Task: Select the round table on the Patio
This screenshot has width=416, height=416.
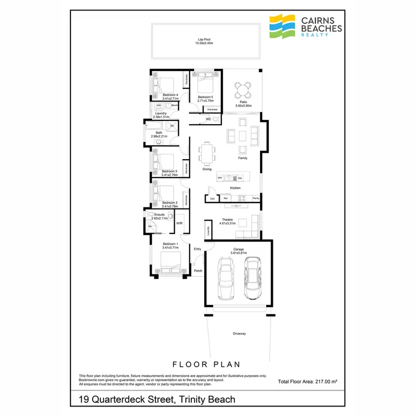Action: (242, 89)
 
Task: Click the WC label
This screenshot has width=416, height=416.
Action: (209, 119)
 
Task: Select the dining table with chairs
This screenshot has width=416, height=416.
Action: (207, 154)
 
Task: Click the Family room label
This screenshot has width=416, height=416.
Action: (242, 158)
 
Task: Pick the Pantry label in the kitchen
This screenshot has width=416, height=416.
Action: (256, 198)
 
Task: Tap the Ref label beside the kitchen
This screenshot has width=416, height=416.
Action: (226, 198)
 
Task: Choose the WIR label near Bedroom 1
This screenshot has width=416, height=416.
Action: (179, 223)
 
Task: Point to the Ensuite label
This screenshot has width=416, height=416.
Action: (159, 216)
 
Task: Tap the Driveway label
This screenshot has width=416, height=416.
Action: (239, 333)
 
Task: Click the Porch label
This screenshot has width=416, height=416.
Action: (198, 271)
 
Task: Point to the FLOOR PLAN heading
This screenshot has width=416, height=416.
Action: (206, 364)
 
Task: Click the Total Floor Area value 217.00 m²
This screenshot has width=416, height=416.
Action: (325, 382)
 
